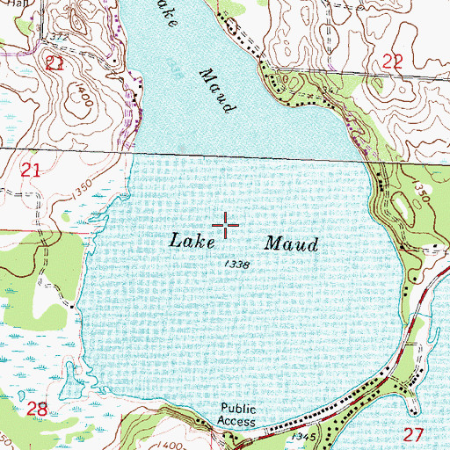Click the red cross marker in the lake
click(227, 226)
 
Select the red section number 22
click(392, 60)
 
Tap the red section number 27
click(413, 434)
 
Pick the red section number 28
click(37, 409)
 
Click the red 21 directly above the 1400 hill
click(54, 62)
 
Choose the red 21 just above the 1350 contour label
click(31, 175)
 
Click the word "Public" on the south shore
click(236, 409)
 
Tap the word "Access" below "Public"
click(237, 422)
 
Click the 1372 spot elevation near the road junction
click(59, 36)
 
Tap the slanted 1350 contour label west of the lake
click(83, 191)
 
